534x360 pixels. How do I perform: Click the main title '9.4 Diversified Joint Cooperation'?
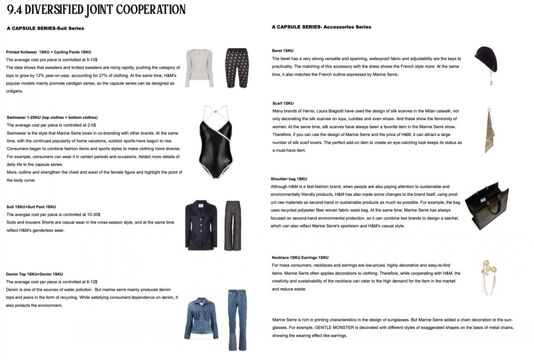[96, 9]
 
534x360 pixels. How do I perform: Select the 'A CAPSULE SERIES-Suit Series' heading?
[45, 29]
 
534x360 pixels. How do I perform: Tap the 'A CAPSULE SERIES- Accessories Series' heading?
[321, 27]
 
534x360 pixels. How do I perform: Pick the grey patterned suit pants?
[232, 225]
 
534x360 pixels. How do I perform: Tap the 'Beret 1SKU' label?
[283, 51]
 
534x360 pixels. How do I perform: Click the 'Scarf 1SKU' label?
[283, 103]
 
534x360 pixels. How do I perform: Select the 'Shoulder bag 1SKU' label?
[289, 179]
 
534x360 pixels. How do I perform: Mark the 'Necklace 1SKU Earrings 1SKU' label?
[300, 258]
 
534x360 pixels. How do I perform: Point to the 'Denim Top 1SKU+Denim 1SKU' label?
[35, 273]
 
